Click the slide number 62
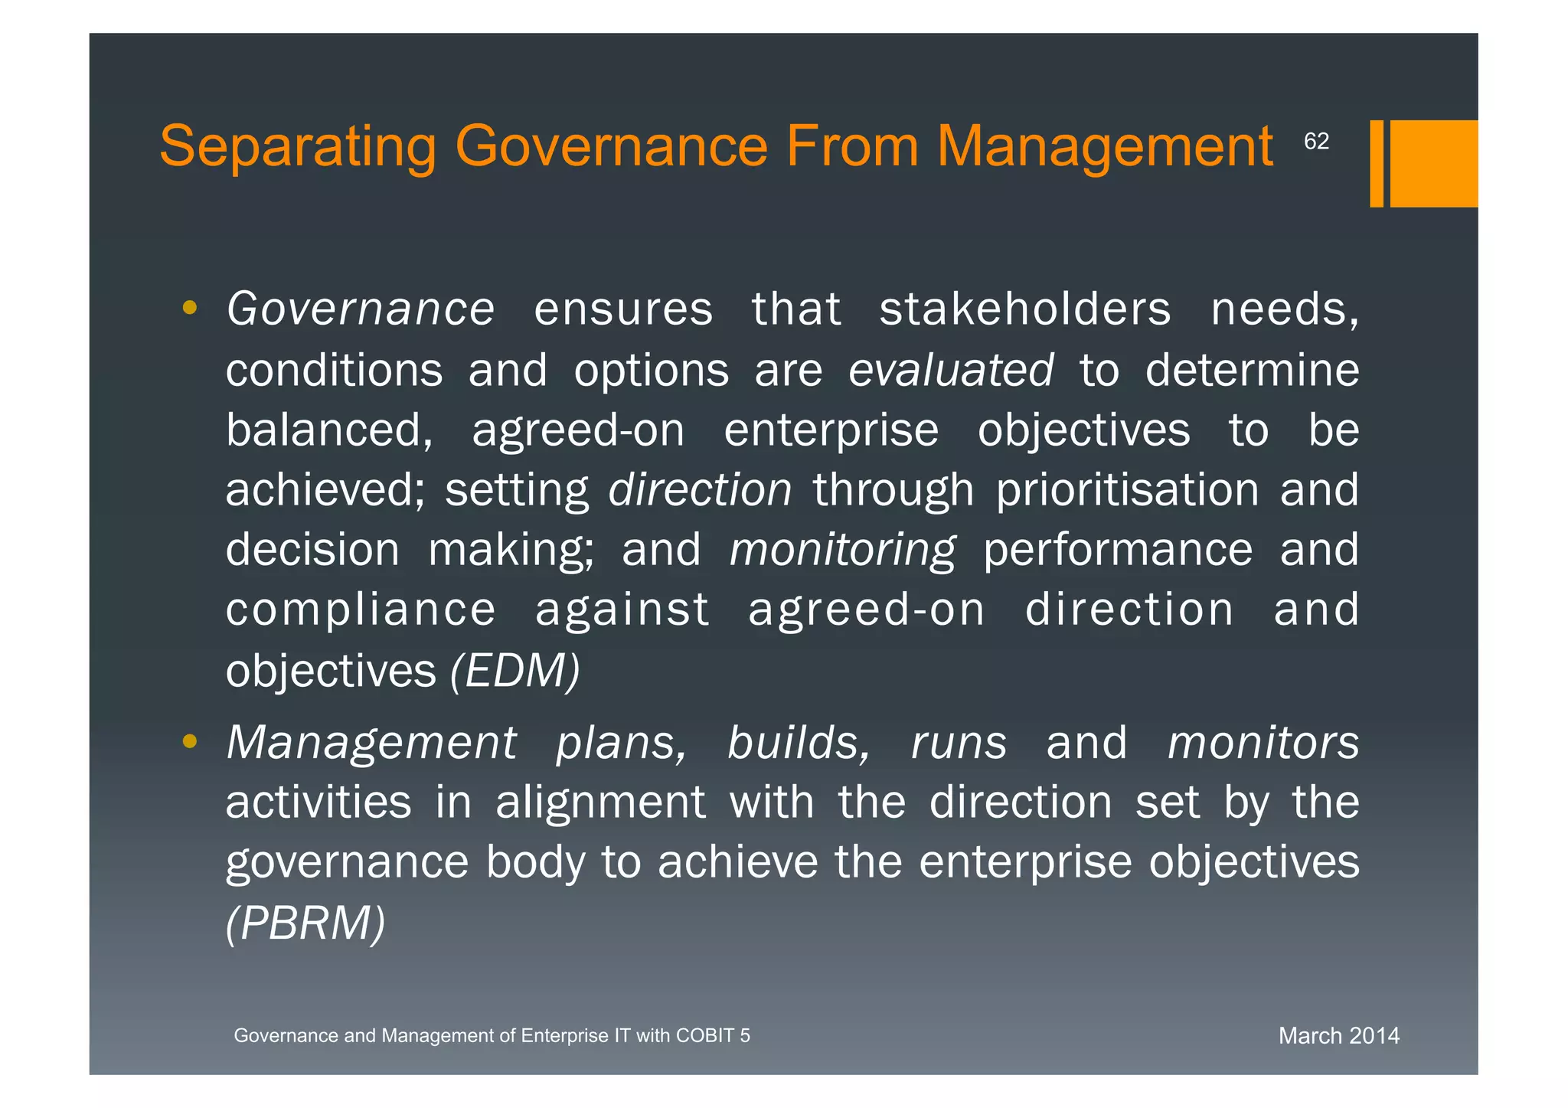[x=1316, y=142]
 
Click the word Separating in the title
[x=298, y=146]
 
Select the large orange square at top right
[x=1433, y=163]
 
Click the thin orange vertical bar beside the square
[x=1376, y=163]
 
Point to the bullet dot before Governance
[x=191, y=309]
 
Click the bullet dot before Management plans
[x=191, y=741]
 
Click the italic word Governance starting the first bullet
[x=361, y=309]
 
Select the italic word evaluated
[x=950, y=371]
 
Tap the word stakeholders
[x=1024, y=309]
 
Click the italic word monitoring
[x=842, y=550]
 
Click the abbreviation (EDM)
[x=514, y=671]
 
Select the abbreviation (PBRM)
[x=305, y=923]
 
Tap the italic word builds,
[x=799, y=743]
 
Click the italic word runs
[x=959, y=743]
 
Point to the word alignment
[x=600, y=802]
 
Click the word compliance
[x=361, y=610]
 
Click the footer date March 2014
[x=1338, y=1036]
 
